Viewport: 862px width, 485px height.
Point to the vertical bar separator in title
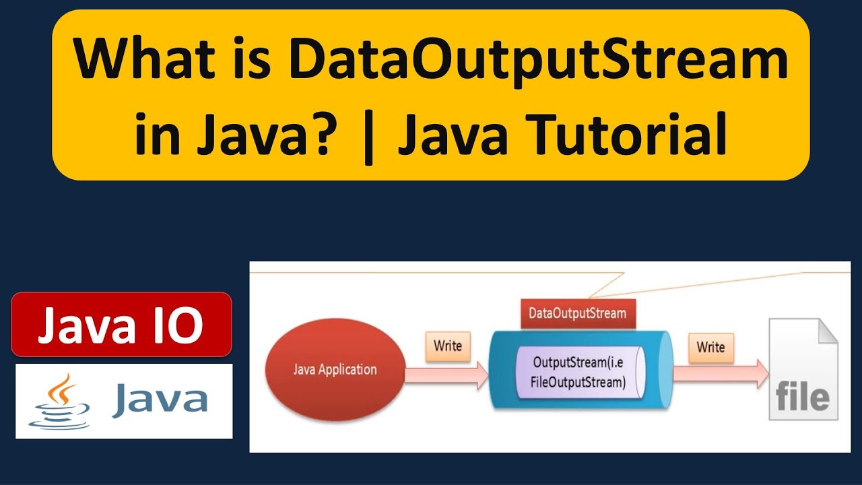click(367, 133)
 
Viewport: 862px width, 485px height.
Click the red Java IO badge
click(121, 325)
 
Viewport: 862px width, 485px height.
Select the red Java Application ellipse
click(335, 370)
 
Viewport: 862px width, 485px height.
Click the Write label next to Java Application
click(447, 346)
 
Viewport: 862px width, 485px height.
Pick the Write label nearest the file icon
click(710, 348)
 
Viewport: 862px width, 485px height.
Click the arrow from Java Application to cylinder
click(447, 375)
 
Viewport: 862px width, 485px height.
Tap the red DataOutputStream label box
click(577, 313)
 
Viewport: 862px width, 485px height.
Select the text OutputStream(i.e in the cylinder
click(579, 362)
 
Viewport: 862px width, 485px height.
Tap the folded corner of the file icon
click(826, 331)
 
